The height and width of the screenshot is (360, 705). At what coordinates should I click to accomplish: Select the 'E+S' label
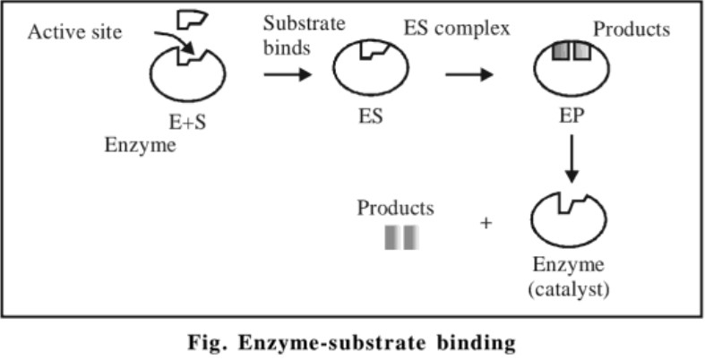[186, 121]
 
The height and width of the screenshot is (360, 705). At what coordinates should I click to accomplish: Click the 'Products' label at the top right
[632, 30]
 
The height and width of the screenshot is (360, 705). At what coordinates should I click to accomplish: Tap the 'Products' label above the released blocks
[395, 208]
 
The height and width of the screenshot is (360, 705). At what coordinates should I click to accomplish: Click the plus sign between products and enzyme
[486, 222]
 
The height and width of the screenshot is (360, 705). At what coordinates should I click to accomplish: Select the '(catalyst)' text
[569, 289]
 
